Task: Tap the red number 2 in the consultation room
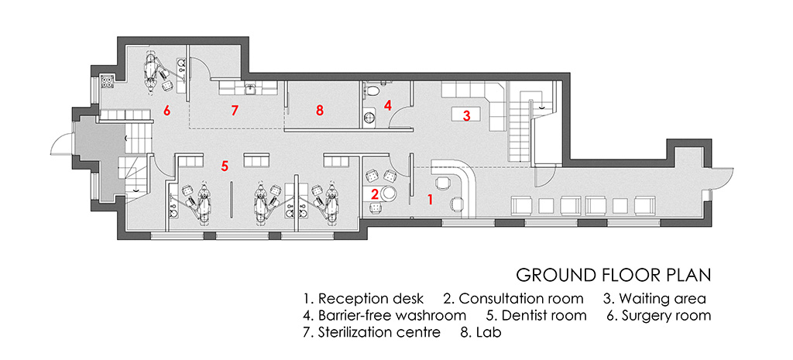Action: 374,194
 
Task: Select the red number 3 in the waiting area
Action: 466,116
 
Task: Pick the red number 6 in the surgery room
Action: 166,111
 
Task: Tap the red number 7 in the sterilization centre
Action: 234,111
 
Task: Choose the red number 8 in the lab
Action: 319,111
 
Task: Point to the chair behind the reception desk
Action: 443,183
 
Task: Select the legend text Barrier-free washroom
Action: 392,316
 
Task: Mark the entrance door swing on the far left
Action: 60,145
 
